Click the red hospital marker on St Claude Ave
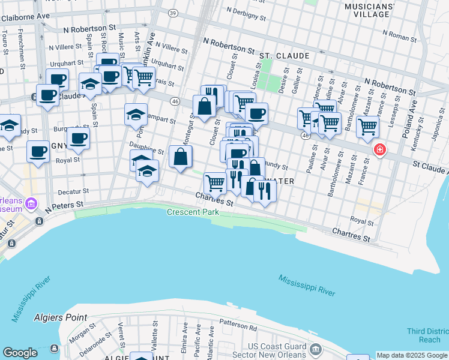pos(379,150)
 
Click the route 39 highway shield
pos(173,13)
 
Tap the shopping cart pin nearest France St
pos(367,126)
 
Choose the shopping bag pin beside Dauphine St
pos(181,157)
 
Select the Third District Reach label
pos(427,335)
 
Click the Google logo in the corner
pos(20,353)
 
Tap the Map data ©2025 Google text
pos(411,355)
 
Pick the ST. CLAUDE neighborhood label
pos(285,56)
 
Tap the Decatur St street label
pos(73,191)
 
